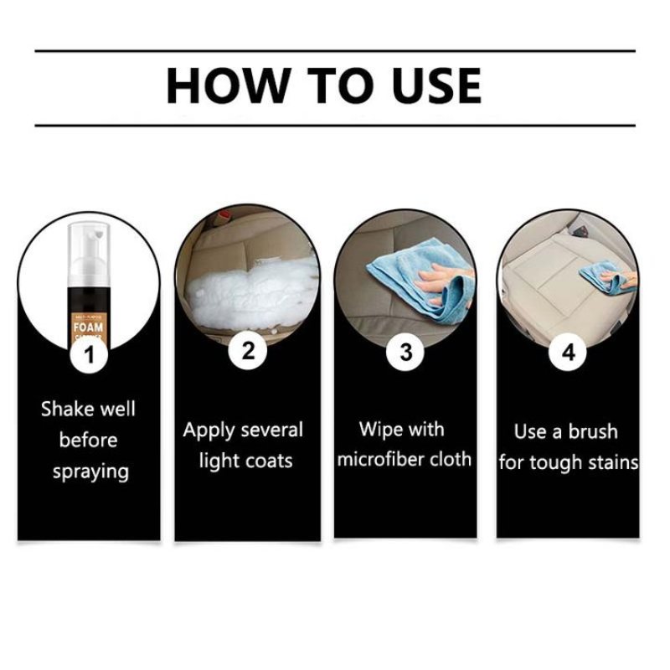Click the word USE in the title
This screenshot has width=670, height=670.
click(x=431, y=86)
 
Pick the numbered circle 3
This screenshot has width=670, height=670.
click(x=405, y=351)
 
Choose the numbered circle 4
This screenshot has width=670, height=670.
click(x=567, y=353)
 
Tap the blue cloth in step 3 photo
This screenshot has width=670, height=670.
click(x=394, y=276)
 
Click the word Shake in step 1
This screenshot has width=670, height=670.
click(x=64, y=410)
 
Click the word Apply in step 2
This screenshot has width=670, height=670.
click(x=208, y=431)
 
